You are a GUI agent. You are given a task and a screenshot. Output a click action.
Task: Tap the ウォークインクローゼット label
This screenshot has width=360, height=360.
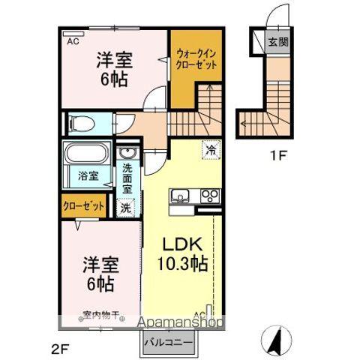click(196, 59)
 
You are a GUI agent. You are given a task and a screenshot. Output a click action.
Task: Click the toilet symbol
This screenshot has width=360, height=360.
click(79, 122)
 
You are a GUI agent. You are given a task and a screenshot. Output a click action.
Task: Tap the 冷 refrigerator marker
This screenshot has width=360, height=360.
click(211, 149)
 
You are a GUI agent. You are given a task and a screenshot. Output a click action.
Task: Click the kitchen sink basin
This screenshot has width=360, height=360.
click(181, 197)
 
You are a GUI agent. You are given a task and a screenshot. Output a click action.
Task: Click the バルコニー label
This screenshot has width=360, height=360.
click(169, 343)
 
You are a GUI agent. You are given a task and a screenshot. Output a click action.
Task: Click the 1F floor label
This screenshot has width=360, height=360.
click(279, 157)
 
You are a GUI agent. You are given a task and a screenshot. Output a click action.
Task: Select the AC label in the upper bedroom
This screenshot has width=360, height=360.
click(73, 42)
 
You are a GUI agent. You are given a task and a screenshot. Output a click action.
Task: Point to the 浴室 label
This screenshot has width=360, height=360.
click(88, 176)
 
